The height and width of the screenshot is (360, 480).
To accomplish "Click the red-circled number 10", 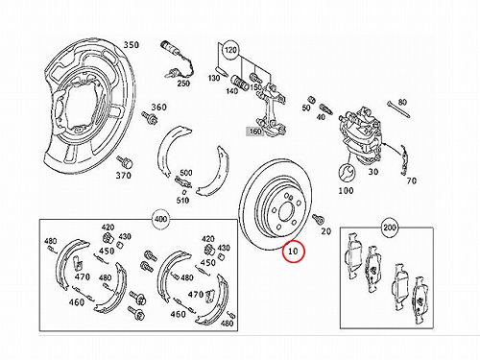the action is [x=293, y=252].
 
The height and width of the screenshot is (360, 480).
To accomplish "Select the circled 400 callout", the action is [x=160, y=219].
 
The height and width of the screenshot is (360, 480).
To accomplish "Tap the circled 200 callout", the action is [x=390, y=228].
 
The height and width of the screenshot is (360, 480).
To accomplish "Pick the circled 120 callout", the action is [x=230, y=50].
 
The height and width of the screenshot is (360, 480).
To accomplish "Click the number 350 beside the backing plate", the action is [x=132, y=45].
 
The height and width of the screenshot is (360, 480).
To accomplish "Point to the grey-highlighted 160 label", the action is [x=255, y=132].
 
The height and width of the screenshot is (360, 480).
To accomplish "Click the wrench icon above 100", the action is [x=347, y=173].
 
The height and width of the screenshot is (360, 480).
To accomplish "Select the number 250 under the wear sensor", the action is [x=183, y=84].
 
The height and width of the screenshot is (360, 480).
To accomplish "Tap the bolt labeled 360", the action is [x=149, y=117].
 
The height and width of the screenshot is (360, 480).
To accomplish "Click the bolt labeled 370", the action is [x=125, y=162].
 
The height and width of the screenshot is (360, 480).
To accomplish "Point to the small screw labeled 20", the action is [x=318, y=219].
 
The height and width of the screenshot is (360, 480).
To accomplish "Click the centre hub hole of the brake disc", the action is [x=286, y=211].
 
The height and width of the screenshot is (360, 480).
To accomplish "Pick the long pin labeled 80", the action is [x=398, y=109].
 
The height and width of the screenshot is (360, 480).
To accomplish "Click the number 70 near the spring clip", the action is [x=411, y=180].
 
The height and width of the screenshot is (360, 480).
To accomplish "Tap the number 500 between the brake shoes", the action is [x=185, y=173].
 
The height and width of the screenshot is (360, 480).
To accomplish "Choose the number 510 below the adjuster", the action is [x=182, y=201].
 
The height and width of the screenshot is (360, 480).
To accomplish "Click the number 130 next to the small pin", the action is [x=214, y=78].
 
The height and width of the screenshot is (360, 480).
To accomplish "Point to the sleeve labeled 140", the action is [x=240, y=83].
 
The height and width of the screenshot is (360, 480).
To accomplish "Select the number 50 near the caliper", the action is [x=306, y=108].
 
